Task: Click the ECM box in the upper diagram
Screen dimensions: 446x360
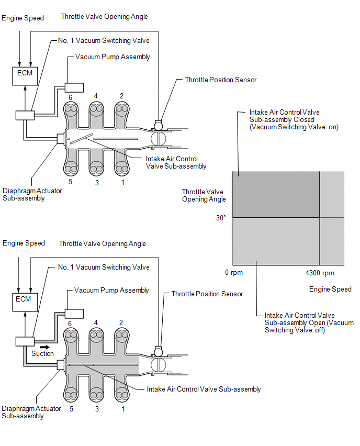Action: tap(25, 74)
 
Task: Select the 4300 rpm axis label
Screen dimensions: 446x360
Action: tap(320, 273)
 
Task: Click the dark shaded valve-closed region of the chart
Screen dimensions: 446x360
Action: tap(276, 194)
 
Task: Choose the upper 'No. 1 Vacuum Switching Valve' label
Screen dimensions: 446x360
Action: tap(104, 41)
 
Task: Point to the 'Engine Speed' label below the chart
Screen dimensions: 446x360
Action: tap(330, 289)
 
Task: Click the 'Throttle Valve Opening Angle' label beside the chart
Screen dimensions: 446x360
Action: tap(204, 195)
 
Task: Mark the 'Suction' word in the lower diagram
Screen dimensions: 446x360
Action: tap(42, 353)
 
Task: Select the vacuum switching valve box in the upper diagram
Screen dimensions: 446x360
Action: tap(24, 115)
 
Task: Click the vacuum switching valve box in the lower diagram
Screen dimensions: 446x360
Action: tap(24, 341)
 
